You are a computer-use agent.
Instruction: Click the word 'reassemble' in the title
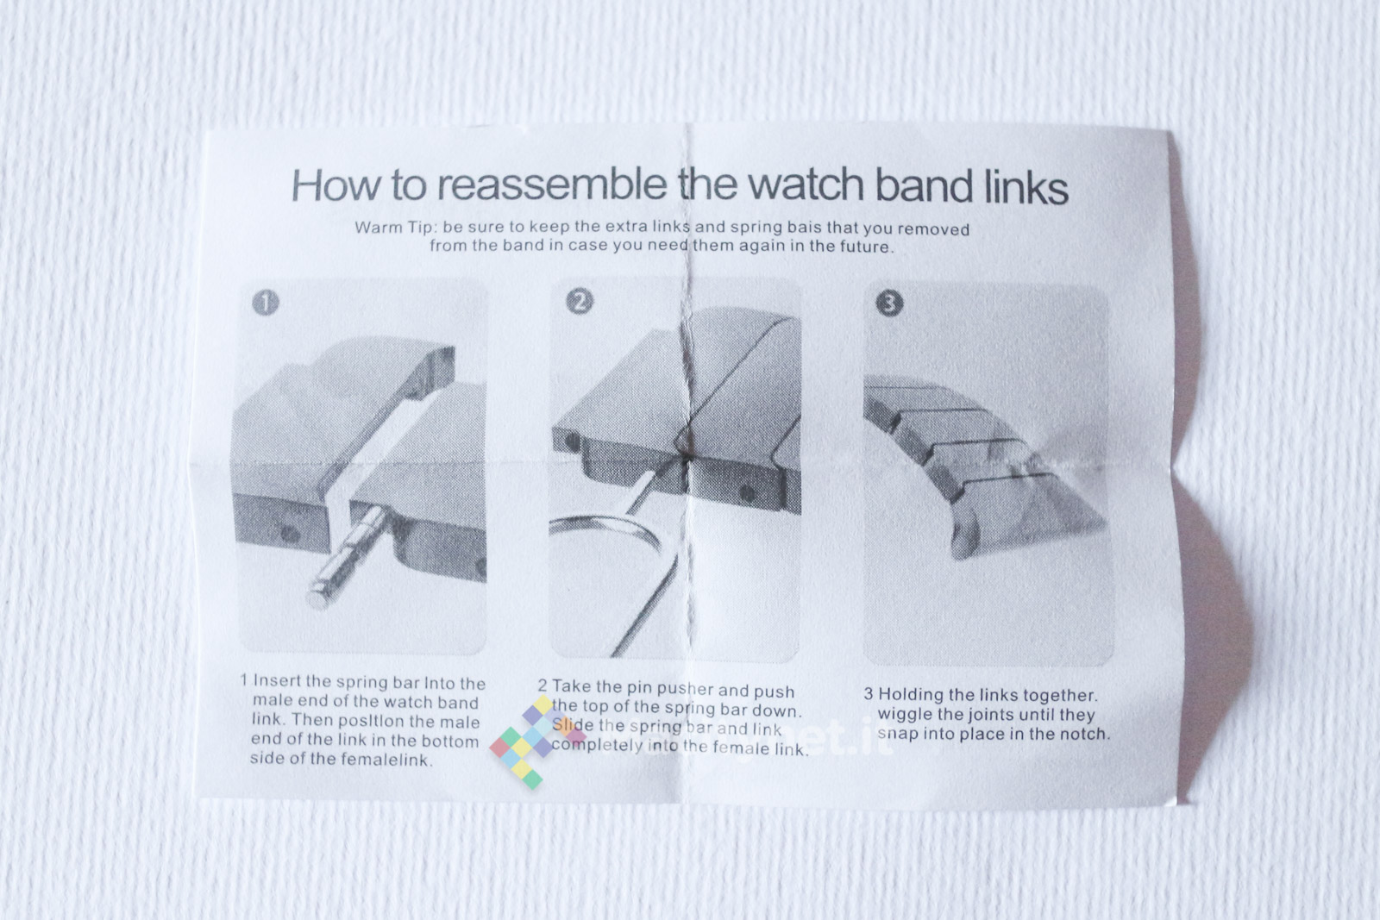coord(552,185)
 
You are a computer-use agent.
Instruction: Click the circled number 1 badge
coord(266,303)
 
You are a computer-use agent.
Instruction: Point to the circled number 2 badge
coord(579,302)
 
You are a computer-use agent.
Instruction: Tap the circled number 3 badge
coord(889,303)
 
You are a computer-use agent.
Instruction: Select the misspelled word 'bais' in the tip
coord(801,228)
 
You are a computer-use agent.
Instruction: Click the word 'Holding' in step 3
coord(908,695)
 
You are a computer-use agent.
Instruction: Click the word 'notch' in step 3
coord(1085,734)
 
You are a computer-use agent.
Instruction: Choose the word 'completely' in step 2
coord(597,745)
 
